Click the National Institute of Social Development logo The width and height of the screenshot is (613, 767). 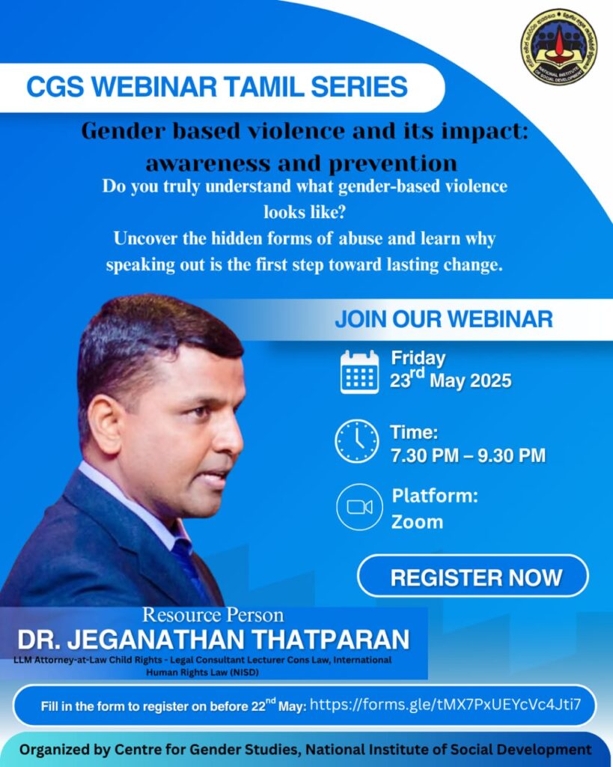pos(559,46)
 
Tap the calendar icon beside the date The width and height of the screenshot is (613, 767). pos(359,372)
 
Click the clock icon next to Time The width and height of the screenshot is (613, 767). pos(357,441)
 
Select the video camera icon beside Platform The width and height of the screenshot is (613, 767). pos(359,507)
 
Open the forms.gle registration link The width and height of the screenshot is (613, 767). pos(445,704)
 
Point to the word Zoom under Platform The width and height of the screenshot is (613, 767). pos(417,522)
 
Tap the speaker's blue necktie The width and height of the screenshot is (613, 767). pos(191,568)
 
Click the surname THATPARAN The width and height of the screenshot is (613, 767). pos(332,640)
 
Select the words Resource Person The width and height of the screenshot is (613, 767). pos(213,615)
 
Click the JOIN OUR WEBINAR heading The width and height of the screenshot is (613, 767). pos(444,319)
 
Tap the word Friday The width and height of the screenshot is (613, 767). pos(418,359)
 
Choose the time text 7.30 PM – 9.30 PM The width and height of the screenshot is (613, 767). pos(468,455)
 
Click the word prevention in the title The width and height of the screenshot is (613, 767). pos(394,163)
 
